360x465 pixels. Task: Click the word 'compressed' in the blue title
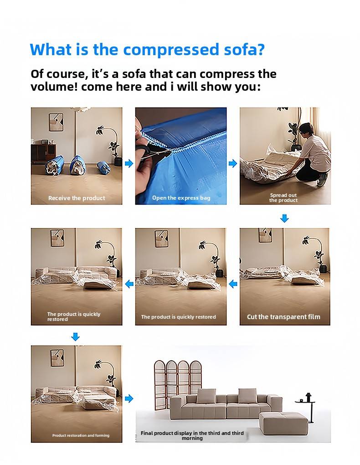click(x=170, y=50)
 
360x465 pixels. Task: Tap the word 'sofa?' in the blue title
click(x=244, y=49)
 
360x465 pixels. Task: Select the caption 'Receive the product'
click(x=77, y=198)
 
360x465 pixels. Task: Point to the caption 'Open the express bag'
click(x=181, y=198)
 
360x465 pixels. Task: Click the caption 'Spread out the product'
click(x=283, y=197)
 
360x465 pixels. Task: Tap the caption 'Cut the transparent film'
click(x=283, y=317)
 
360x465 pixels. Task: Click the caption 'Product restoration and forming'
click(x=81, y=435)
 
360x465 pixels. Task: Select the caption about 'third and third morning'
click(x=192, y=435)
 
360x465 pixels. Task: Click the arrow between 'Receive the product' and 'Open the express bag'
click(x=129, y=163)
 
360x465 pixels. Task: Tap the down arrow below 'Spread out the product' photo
click(x=284, y=218)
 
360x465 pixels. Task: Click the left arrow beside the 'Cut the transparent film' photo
click(x=233, y=284)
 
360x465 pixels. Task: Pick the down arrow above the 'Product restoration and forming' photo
click(x=76, y=336)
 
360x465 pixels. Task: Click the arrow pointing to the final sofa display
click(x=129, y=398)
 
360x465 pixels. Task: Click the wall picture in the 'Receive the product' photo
click(x=56, y=122)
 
